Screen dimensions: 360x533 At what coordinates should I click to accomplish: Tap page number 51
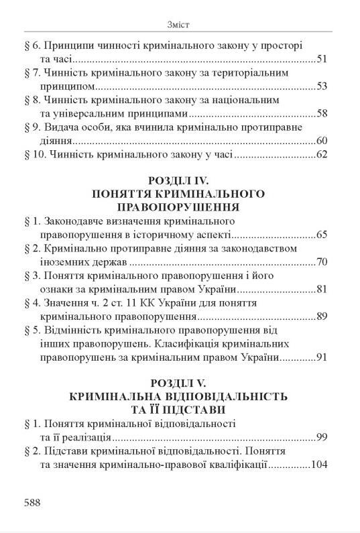321,60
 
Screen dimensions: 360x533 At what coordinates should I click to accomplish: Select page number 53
321,86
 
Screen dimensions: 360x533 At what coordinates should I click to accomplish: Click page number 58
321,113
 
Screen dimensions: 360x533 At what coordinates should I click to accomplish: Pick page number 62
321,156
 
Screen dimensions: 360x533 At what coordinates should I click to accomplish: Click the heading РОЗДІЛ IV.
180,181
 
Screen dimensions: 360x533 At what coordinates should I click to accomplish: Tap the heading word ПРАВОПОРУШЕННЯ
180,207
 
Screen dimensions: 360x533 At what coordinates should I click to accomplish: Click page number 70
321,261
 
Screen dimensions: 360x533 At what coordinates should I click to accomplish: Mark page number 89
321,316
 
